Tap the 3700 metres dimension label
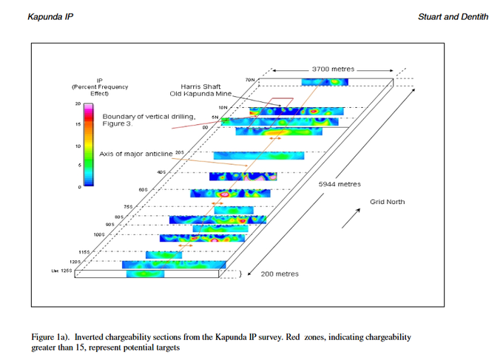tap(332, 69)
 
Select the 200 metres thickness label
tap(280, 274)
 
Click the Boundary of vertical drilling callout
tap(148, 117)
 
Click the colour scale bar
tap(90, 146)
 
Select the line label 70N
tap(249, 79)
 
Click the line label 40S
tap(161, 172)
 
